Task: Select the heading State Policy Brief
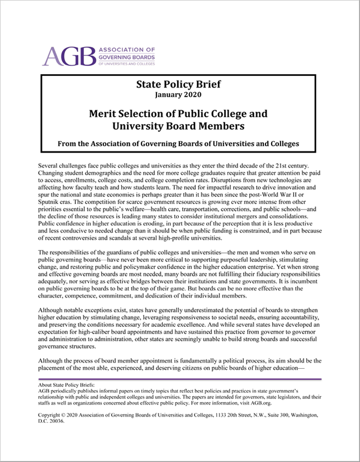coord(179,85)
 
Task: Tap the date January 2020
coord(179,96)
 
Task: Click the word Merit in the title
coord(103,114)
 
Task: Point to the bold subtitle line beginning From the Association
coord(179,144)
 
